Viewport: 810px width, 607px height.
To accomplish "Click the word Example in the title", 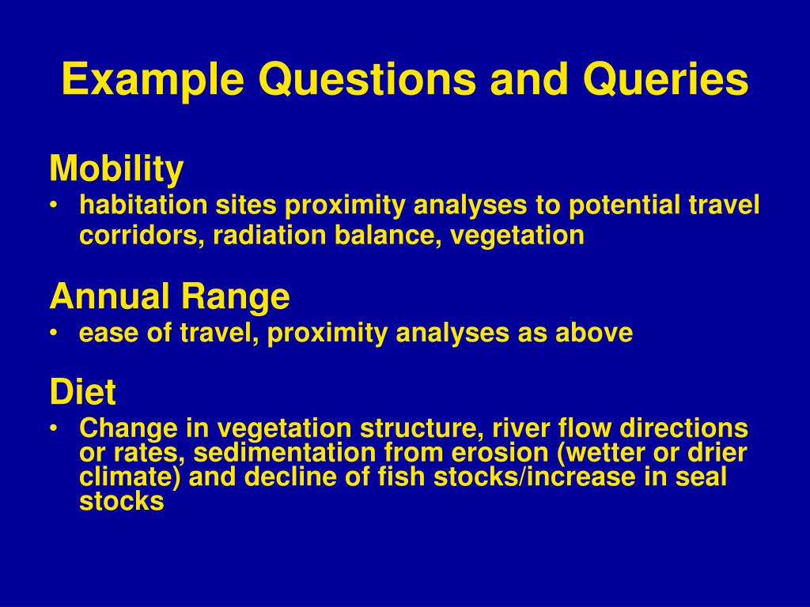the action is click(x=153, y=80).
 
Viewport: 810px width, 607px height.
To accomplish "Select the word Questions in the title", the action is click(x=367, y=79).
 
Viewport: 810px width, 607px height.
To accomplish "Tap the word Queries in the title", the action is click(x=666, y=79).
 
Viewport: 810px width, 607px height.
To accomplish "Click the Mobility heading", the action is click(x=117, y=168).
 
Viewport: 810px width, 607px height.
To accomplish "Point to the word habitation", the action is click(x=143, y=205).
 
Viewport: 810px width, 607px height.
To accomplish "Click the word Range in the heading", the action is click(x=235, y=297).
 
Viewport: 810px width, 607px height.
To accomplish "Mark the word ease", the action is click(x=109, y=333).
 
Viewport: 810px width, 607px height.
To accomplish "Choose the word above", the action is click(x=594, y=333).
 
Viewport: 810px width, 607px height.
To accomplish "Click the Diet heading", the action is click(x=82, y=392).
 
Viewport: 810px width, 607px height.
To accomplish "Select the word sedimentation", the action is click(x=285, y=452).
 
